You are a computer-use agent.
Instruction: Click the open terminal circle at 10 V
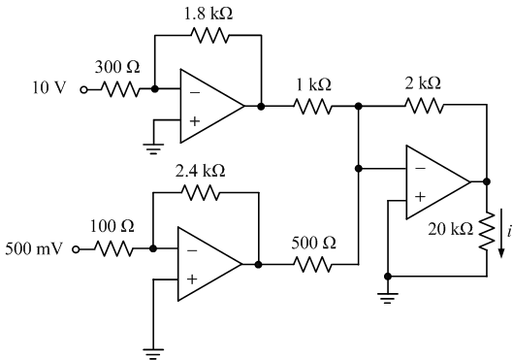pyautogui.click(x=83, y=89)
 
